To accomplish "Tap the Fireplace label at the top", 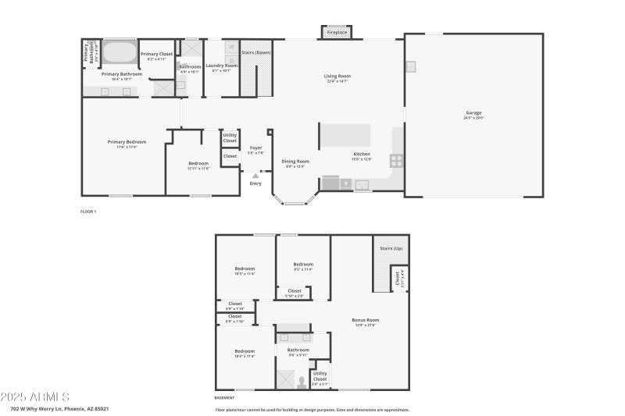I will [337, 33].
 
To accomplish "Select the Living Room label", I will [335, 76].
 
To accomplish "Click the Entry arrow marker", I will [255, 176].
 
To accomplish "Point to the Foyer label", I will [255, 148].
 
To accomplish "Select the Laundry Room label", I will [221, 66].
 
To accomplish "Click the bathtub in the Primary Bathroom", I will [118, 53].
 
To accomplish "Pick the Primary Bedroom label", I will [122, 142].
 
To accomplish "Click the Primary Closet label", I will [156, 54].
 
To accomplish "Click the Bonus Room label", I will [366, 320].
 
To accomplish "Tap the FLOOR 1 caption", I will [88, 212].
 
